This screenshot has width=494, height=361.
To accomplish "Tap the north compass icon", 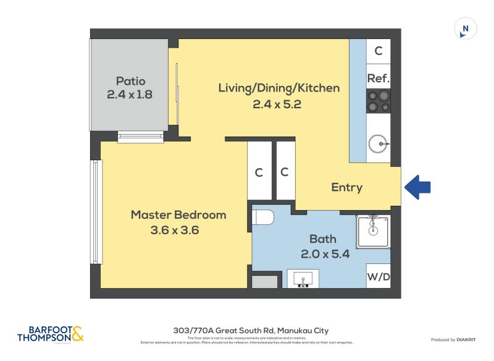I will (x=465, y=29).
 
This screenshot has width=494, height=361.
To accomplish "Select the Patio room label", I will (x=130, y=81).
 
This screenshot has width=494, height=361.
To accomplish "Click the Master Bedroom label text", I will (x=178, y=215).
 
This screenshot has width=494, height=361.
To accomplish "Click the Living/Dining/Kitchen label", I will (x=278, y=88).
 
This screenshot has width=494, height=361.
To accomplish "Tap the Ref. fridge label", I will (x=378, y=79).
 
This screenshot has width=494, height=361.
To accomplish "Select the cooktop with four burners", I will (x=378, y=101).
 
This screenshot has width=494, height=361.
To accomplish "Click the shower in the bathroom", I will (x=373, y=231).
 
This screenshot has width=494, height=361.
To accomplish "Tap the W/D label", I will (x=378, y=276).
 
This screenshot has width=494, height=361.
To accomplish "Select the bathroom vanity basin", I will (x=303, y=279).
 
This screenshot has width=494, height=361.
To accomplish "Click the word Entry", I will (x=346, y=187).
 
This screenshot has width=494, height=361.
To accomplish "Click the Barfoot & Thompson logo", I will (x=50, y=334).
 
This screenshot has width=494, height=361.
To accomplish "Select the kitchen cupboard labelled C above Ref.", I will (x=378, y=51).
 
